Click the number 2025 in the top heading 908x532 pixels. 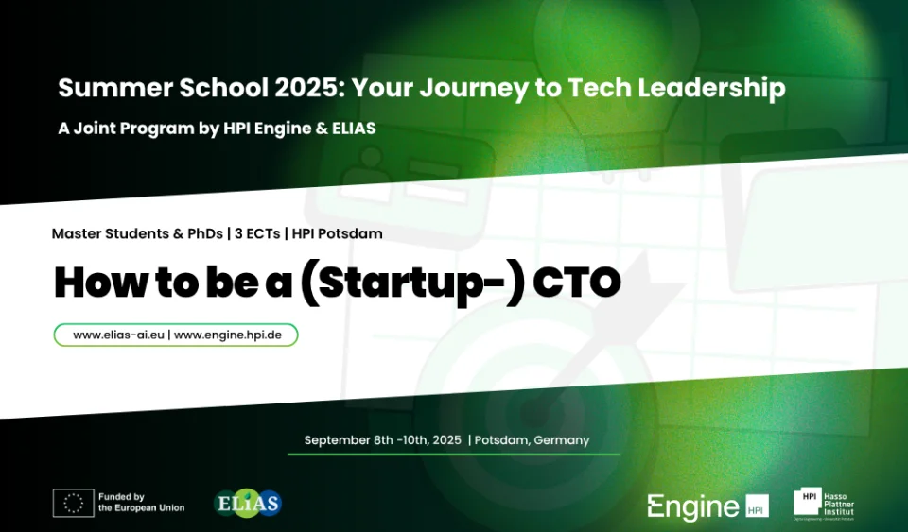pos(306,88)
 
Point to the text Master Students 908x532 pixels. pos(109,232)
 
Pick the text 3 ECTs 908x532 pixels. pos(256,232)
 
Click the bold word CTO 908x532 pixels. pos(576,282)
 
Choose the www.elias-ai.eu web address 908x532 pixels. pos(117,335)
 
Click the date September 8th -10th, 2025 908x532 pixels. pos(382,440)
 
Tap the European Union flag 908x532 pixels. pos(73,503)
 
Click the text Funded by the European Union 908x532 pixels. pos(141,503)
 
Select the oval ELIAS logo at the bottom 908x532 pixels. pos(249,503)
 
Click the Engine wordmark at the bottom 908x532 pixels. pos(692,506)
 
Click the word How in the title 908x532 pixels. pos(88,282)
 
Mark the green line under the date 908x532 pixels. pos(453,455)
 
